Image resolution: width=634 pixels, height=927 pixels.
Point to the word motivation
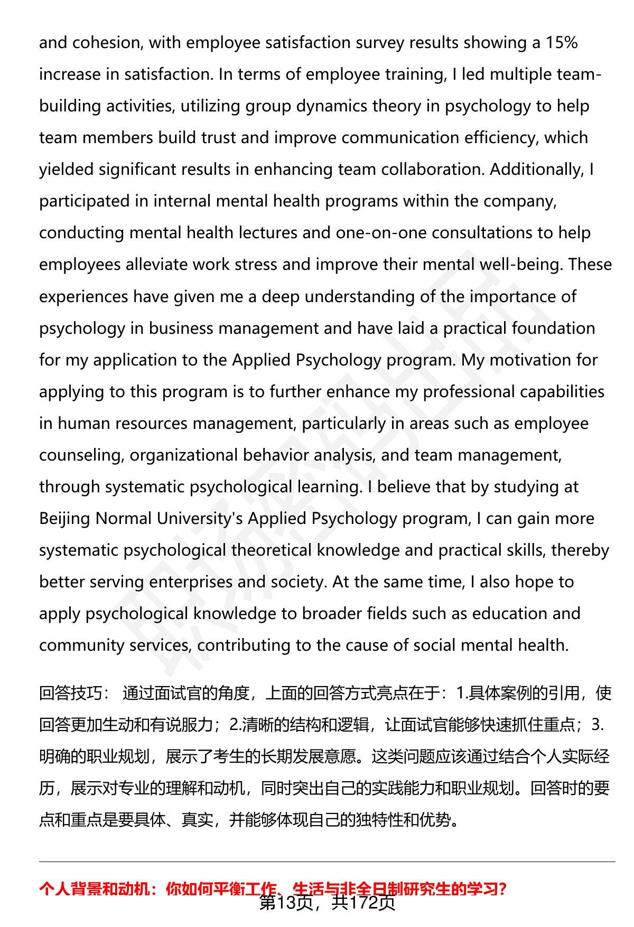click(517, 360)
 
